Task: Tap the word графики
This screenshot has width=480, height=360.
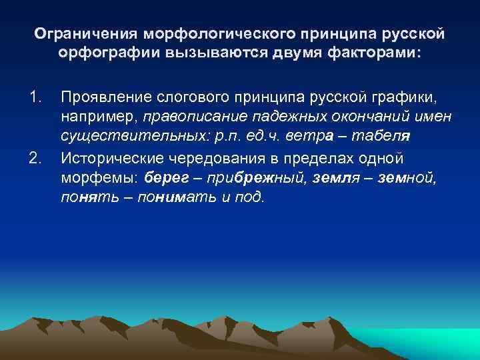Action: [407, 98]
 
